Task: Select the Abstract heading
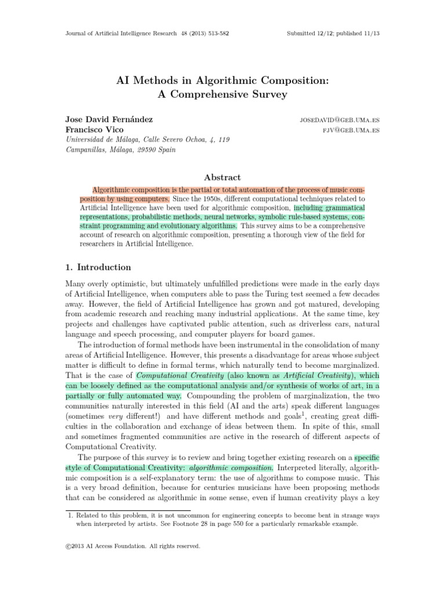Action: [222, 177]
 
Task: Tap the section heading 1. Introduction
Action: [98, 268]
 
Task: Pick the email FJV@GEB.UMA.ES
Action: [351, 130]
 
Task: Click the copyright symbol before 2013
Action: [67, 546]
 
